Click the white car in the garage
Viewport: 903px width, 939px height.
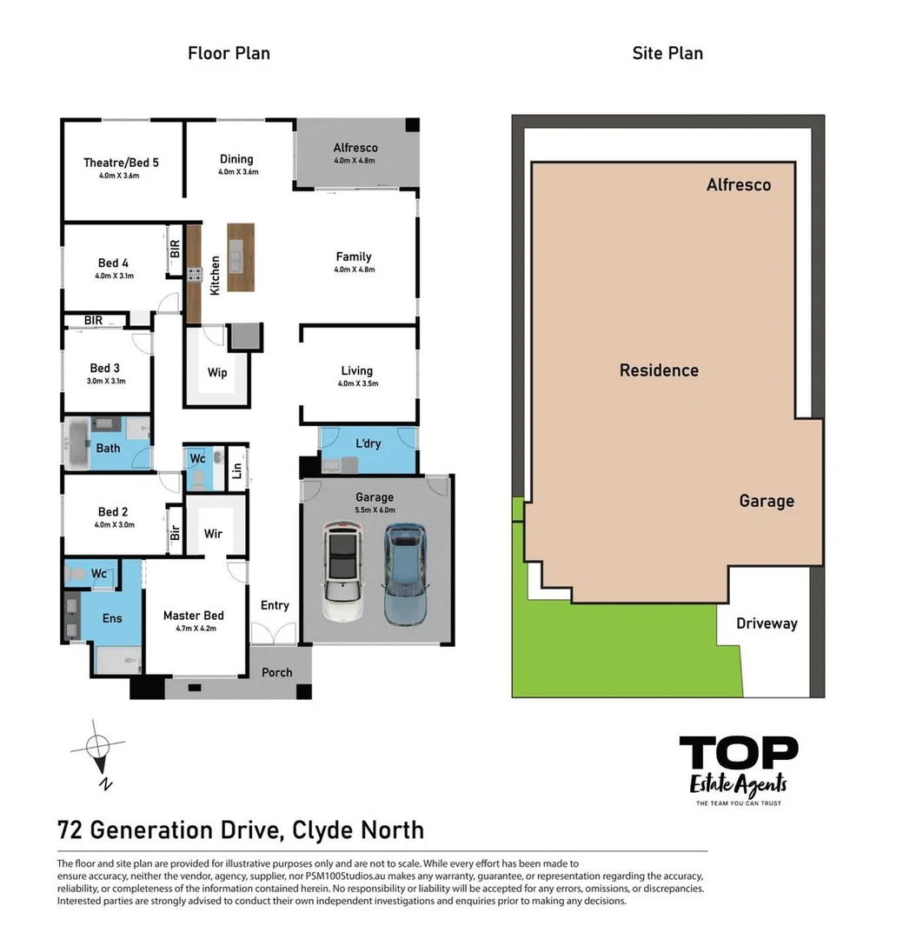(342, 573)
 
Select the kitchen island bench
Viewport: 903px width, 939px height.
(241, 257)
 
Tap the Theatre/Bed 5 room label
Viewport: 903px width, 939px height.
(121, 162)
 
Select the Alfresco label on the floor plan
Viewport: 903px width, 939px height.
(355, 147)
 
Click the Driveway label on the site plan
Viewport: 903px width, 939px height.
(766, 623)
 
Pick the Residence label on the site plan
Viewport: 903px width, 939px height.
(659, 370)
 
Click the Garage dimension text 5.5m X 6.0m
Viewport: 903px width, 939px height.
(374, 510)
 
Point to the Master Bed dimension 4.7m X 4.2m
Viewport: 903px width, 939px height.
(194, 629)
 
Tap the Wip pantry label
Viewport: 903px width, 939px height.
(217, 372)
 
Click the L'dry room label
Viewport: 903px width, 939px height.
(369, 443)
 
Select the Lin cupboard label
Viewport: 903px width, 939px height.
(236, 471)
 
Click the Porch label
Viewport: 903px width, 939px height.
(277, 672)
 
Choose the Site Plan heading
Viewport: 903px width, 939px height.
(667, 53)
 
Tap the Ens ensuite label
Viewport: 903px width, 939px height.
(112, 618)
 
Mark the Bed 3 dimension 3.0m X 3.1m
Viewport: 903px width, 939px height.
(108, 381)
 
